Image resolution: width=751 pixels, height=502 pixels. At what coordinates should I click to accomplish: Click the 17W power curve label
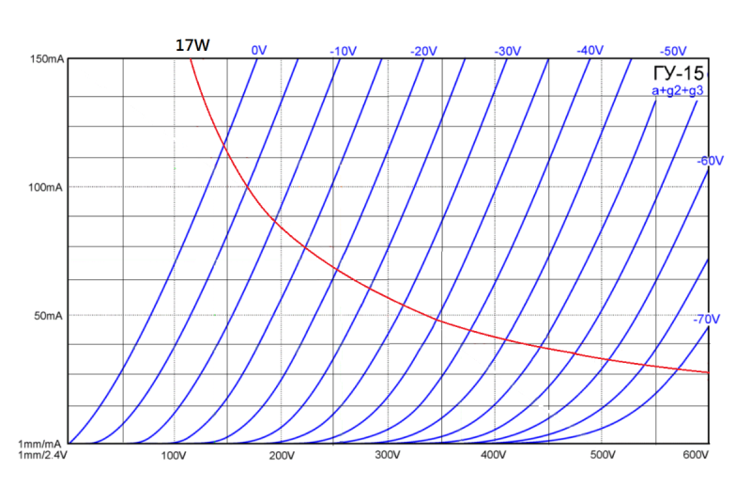192,44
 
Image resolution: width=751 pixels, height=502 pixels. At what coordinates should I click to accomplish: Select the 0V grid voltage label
260,50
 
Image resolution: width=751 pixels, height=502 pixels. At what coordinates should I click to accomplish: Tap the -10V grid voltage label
343,50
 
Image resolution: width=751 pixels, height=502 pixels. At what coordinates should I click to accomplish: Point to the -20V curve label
424,50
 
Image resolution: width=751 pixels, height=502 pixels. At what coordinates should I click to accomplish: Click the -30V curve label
507,50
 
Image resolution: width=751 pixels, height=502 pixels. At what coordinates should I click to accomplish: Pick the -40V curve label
590,49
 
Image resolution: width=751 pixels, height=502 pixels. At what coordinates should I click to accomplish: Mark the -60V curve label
710,161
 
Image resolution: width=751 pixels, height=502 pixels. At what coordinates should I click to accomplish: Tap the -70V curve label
706,320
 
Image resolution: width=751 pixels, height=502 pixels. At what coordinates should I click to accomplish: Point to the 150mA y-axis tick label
46,60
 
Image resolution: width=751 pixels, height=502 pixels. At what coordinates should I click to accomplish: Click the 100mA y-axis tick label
46,188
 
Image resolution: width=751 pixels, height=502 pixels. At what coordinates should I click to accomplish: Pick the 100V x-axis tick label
176,456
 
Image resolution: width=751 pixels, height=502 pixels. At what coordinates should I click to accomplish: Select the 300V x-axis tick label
388,456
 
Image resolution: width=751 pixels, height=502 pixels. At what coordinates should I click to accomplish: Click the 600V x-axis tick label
695,456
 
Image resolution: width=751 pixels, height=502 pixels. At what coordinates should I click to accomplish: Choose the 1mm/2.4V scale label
42,455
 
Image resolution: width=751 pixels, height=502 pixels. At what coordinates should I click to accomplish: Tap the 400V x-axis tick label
494,456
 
